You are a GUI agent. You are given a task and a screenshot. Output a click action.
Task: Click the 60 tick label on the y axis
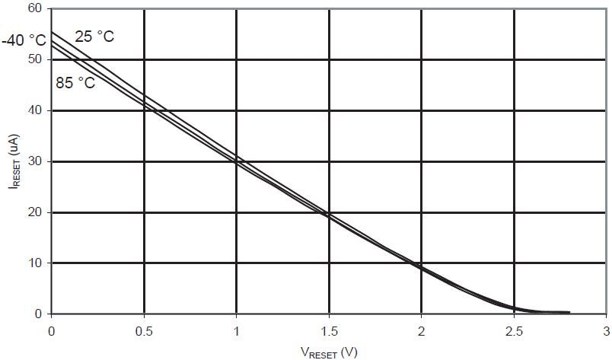click(35, 8)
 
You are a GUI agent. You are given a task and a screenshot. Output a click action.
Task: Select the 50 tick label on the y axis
click(35, 59)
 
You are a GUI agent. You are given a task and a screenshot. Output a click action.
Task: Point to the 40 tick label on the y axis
click(35, 110)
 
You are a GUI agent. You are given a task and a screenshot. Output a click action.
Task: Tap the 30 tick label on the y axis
click(35, 161)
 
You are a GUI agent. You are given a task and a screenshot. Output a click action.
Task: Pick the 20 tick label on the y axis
click(35, 212)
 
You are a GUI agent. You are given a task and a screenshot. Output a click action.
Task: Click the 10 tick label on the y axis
click(35, 263)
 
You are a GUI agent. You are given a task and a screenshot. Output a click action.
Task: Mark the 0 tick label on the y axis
click(38, 314)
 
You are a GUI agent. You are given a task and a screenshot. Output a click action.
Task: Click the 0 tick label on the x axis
click(51, 331)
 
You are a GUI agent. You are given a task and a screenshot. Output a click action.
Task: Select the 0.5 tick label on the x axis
click(143, 331)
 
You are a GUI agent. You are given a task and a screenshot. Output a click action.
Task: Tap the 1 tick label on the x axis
click(236, 331)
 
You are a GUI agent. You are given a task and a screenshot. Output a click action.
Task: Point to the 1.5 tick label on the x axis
click(328, 331)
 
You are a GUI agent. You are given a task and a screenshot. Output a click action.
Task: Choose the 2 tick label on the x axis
click(421, 331)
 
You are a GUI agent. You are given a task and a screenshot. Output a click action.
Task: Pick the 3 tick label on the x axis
click(606, 331)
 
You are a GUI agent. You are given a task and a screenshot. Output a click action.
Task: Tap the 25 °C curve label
click(94, 36)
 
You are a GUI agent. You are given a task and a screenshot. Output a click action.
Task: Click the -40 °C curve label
click(24, 40)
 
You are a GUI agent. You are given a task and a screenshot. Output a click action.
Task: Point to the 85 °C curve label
click(75, 82)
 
